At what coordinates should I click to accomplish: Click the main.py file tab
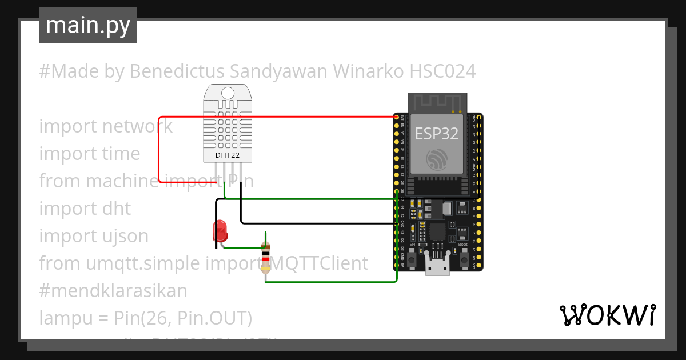pyautogui.click(x=87, y=25)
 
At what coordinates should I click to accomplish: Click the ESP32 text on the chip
pyautogui.click(x=437, y=134)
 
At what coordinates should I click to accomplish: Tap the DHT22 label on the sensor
pyautogui.click(x=228, y=155)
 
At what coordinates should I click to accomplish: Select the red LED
pyautogui.click(x=220, y=231)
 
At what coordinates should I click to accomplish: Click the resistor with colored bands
pyautogui.click(x=265, y=257)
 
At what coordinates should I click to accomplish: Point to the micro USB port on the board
pyautogui.click(x=438, y=269)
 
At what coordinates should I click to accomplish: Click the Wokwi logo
pyautogui.click(x=607, y=315)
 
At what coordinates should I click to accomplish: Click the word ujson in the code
pyautogui.click(x=127, y=235)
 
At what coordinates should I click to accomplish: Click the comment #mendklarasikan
pyautogui.click(x=113, y=291)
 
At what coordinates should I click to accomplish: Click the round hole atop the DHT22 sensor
pyautogui.click(x=228, y=93)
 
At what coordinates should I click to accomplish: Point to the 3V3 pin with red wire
pyautogui.click(x=397, y=117)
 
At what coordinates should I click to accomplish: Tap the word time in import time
pyautogui.click(x=122, y=154)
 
